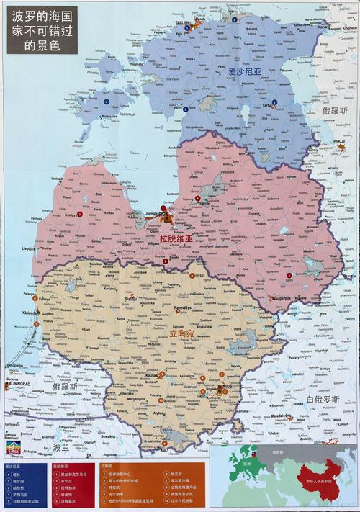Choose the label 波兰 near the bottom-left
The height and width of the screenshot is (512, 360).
coord(63,447)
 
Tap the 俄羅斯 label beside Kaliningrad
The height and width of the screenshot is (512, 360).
coord(65,387)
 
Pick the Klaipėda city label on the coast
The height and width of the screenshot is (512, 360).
coord(31,314)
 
